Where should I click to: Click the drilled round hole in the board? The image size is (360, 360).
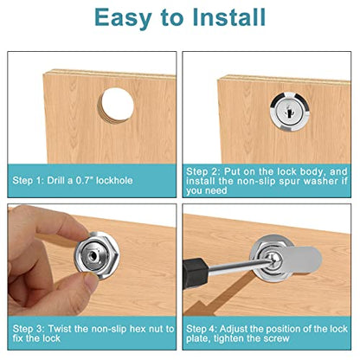tap(117, 106)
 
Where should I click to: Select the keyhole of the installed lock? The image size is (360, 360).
tap(289, 111)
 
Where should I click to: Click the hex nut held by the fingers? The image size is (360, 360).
tap(96, 256)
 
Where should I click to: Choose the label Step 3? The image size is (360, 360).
tap(29, 329)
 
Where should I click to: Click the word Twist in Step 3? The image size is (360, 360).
tap(60, 329)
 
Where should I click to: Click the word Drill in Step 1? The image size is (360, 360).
tap(55, 181)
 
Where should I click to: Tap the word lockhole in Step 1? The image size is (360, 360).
tap(114, 181)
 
